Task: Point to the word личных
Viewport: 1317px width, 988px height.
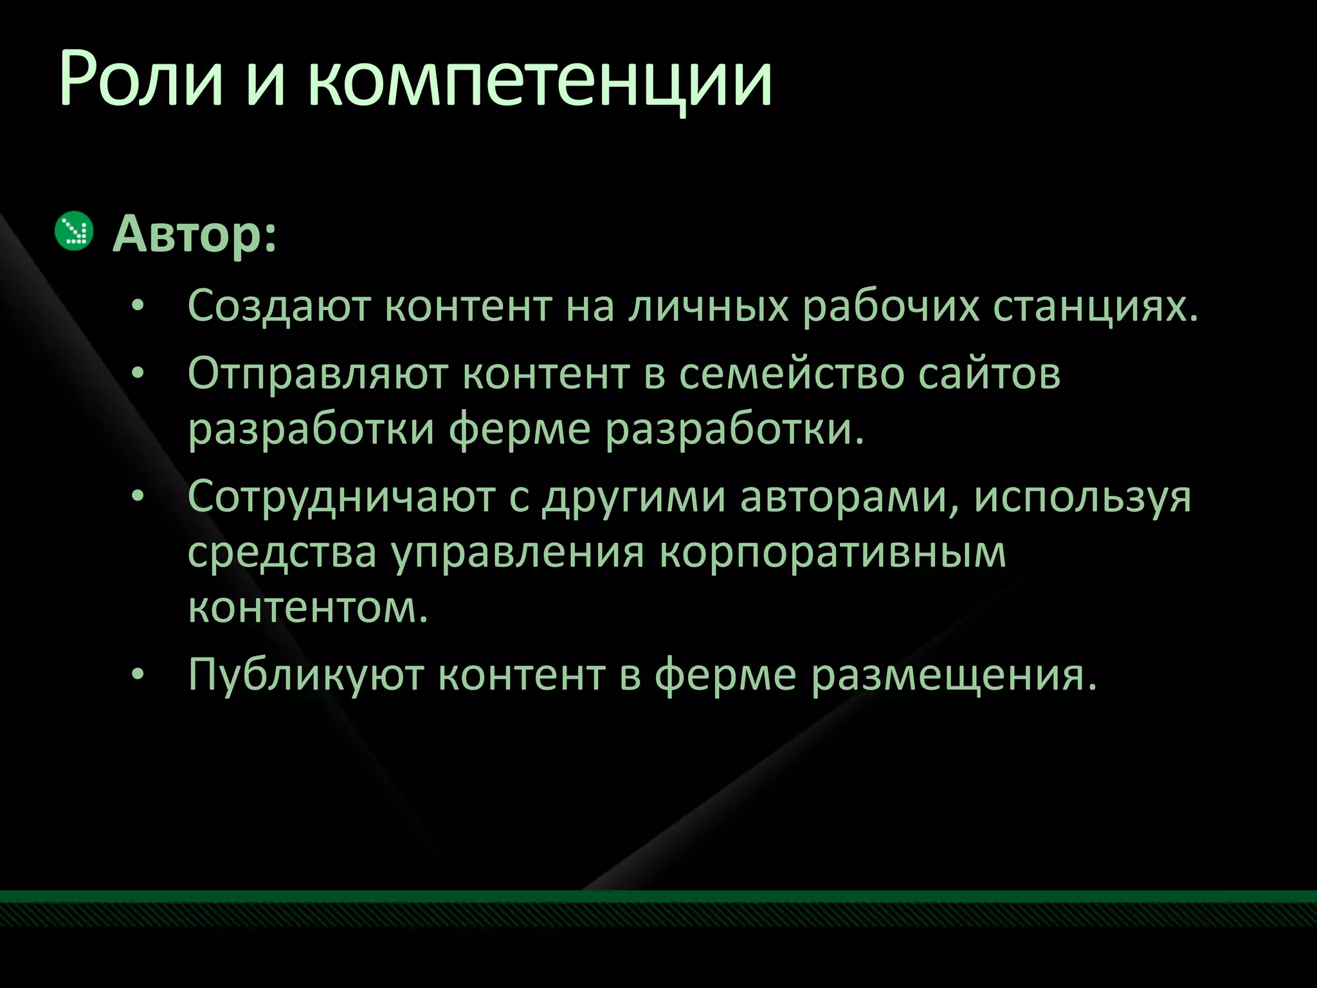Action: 707,306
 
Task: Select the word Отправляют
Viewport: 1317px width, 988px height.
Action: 318,374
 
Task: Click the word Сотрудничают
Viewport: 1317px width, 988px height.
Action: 341,497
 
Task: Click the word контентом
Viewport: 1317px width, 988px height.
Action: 307,607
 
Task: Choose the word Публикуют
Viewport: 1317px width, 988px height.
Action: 305,675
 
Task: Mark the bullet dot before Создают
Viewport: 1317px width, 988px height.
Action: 137,306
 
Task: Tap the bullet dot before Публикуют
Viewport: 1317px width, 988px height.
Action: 137,675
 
